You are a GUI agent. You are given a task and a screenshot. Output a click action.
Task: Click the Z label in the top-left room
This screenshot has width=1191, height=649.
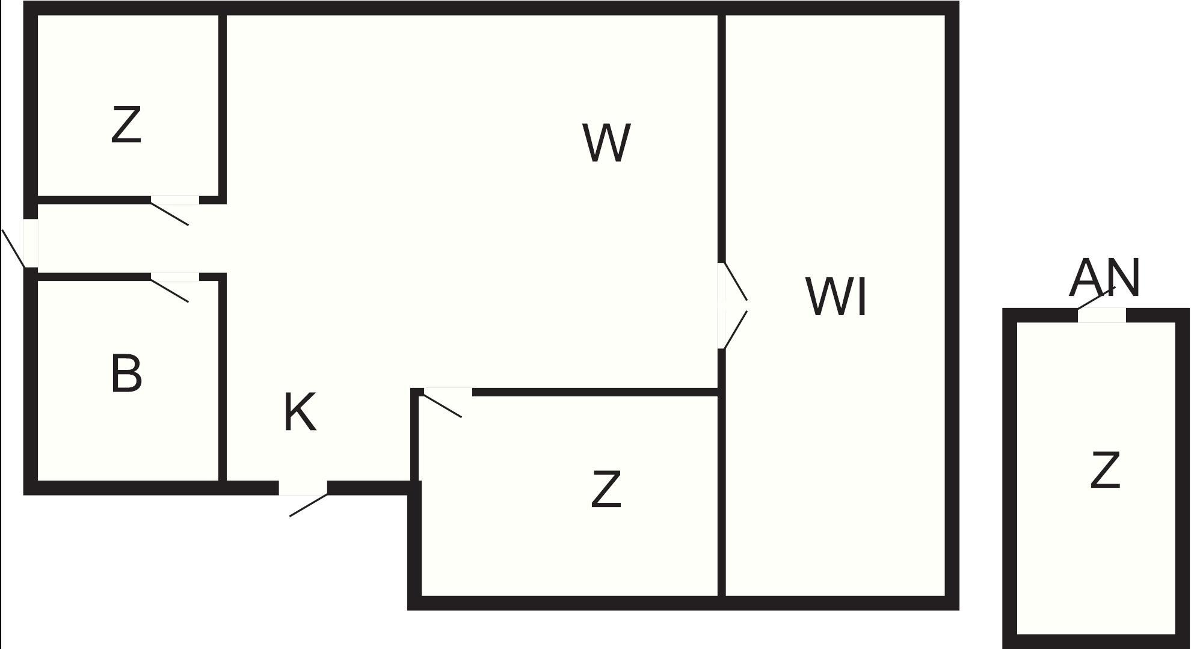point(126,125)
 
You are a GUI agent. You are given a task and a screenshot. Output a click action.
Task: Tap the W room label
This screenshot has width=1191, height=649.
point(606,143)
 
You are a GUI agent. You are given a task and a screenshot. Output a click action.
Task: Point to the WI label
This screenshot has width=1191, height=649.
point(836,297)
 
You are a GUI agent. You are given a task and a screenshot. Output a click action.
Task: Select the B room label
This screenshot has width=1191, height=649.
point(126,374)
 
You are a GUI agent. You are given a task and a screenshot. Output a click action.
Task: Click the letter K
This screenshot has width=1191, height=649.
point(300,413)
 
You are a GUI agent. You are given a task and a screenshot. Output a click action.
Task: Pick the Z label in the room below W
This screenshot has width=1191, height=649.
point(606,490)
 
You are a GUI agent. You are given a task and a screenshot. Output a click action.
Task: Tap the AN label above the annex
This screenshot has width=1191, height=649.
point(1104,278)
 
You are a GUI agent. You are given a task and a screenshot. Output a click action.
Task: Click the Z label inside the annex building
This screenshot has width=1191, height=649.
point(1105,470)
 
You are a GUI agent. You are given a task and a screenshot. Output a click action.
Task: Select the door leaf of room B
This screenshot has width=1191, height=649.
point(170,290)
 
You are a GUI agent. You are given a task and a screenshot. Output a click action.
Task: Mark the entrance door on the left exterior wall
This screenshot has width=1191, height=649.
point(13,248)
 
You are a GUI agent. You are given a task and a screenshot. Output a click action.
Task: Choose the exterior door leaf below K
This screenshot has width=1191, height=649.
point(309,505)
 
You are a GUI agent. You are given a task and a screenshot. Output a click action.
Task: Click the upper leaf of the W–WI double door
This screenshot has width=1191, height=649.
point(735,281)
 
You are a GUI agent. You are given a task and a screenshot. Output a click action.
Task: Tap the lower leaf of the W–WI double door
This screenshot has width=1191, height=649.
point(735,330)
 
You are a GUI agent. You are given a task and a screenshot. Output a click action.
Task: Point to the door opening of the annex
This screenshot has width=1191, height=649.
point(1101,315)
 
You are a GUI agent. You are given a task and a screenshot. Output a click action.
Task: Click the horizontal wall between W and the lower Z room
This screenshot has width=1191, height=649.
point(595,392)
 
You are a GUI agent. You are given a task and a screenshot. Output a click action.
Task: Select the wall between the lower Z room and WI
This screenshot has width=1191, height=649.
point(721,493)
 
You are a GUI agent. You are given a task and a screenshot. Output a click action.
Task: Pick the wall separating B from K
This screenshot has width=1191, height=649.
point(223,379)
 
